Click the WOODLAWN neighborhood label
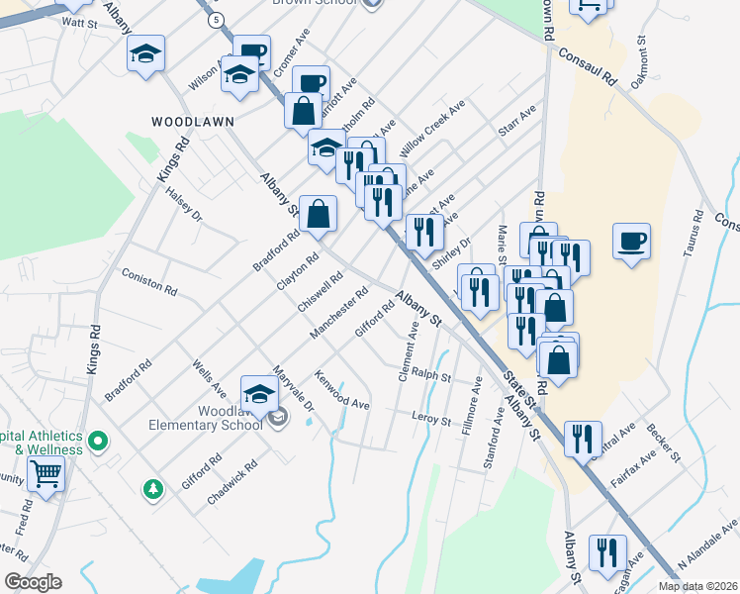192,121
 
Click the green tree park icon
152,488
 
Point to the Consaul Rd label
585,68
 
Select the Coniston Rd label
148,282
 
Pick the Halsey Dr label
184,204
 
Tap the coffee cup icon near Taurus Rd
631,241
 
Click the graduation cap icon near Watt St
145,53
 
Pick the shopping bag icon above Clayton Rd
318,214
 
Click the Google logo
33,582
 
